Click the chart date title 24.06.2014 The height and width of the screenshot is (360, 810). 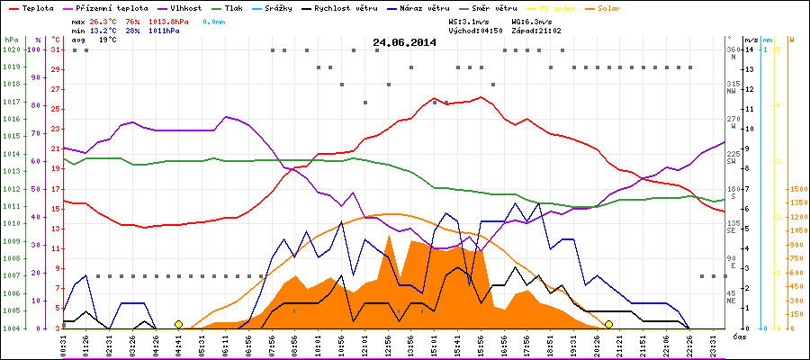coord(404,42)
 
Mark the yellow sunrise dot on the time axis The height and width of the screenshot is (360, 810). coord(179,324)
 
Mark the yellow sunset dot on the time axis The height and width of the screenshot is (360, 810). coord(609,324)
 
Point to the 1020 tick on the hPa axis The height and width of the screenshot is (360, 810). coord(11,50)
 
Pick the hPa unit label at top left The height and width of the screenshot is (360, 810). coord(11,40)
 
